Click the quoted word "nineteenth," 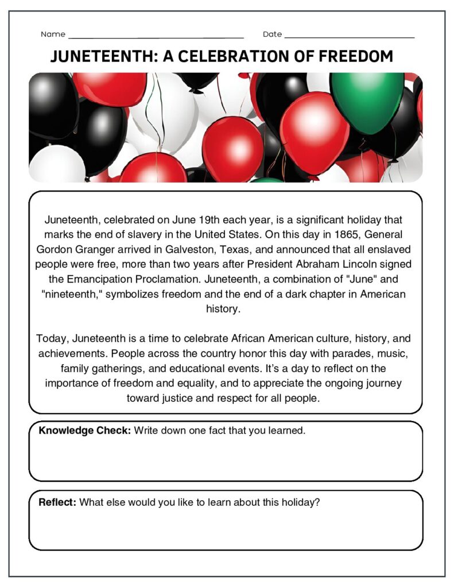pos(70,294)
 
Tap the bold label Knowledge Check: pos(84,431)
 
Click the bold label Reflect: pos(57,502)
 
